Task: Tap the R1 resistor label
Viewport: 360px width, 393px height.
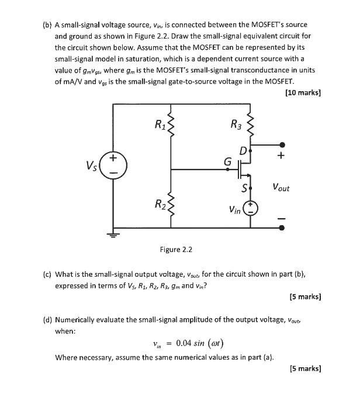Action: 160,124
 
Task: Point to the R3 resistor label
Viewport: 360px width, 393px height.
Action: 236,124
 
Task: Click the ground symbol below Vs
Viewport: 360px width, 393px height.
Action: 113,235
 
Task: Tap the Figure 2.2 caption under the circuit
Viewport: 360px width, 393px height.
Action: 176,250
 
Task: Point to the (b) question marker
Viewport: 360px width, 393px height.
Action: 46,25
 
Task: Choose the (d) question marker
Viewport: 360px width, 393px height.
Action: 46,320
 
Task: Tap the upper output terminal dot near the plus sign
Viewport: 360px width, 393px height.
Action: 283,144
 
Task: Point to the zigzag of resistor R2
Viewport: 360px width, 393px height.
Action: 171,204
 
